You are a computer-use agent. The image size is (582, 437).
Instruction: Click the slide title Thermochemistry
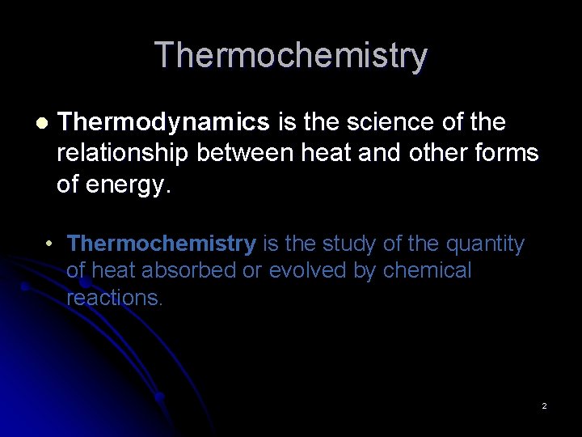[291, 56]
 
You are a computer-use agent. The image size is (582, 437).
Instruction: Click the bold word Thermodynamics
[163, 122]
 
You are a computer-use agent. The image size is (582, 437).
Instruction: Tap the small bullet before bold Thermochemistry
[50, 244]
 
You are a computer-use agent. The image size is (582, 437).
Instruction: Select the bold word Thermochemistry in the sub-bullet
[162, 244]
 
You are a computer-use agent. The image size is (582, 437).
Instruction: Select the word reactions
[114, 298]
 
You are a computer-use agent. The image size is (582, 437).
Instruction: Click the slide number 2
[544, 405]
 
